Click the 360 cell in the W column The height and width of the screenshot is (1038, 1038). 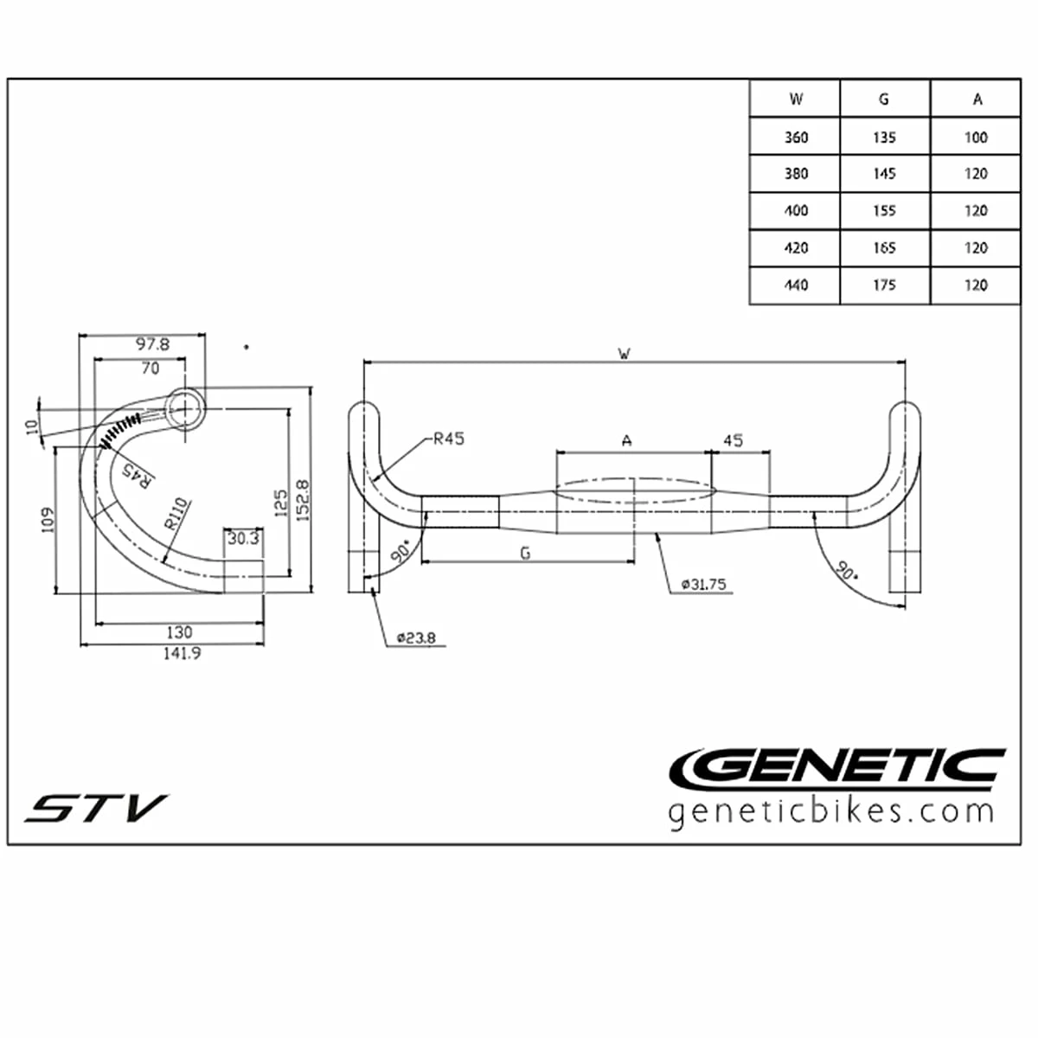pos(796,138)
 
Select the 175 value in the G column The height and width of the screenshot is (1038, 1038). pos(884,285)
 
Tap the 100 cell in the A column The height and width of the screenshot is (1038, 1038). pos(976,138)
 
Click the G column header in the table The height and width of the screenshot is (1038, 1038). pos(884,99)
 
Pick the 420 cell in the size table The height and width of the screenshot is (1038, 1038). pos(796,248)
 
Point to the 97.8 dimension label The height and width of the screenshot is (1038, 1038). pos(152,344)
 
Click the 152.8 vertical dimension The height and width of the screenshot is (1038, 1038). pos(302,500)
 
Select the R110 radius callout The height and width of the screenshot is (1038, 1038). pos(176,514)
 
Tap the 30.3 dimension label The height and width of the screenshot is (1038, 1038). pos(243,539)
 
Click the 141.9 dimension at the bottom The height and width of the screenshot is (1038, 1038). pos(182,654)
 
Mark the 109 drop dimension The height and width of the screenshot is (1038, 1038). pos(48,519)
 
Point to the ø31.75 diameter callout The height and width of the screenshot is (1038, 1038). pos(703,585)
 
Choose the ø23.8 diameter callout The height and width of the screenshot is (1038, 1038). pos(416,638)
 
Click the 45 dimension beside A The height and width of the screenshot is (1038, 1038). pos(733,440)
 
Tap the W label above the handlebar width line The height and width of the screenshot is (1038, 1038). pos(624,353)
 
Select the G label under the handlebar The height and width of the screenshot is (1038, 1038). pos(525,553)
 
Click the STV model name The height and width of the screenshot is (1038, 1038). pos(95,809)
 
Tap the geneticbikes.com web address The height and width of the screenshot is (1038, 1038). pos(831,812)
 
